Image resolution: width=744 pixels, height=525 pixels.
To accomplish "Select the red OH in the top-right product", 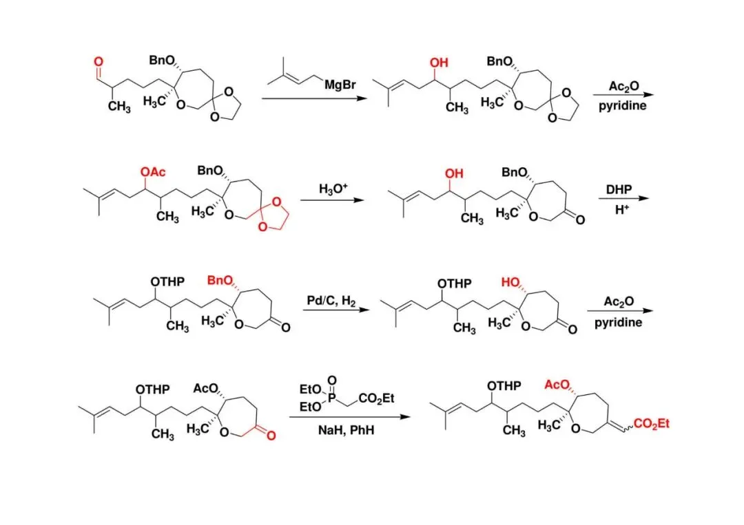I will pos(439,63).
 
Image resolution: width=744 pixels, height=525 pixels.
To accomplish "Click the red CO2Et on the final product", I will pos(650,425).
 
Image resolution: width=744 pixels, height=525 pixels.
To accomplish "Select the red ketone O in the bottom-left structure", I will pos(271,436).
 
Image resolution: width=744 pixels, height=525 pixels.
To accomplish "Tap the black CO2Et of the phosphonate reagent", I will pos(375,398).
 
